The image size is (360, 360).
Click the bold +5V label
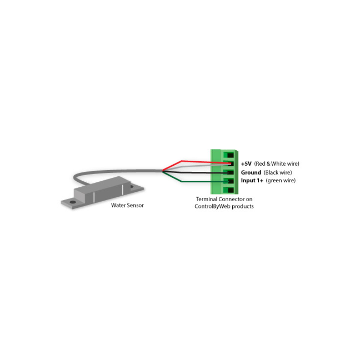pyautogui.click(x=246, y=164)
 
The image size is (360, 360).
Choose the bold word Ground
pyautogui.click(x=251, y=173)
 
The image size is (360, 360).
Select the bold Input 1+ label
pyautogui.click(x=252, y=181)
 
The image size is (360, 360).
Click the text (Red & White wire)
pyautogui.click(x=277, y=164)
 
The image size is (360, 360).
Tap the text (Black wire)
pyautogui.click(x=278, y=173)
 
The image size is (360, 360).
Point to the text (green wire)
pyautogui.click(x=281, y=181)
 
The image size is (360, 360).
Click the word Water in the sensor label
pyautogui.click(x=118, y=205)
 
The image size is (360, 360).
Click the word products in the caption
pyautogui.click(x=243, y=207)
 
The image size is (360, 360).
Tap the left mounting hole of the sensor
pyautogui.click(x=71, y=203)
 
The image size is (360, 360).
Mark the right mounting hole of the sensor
pyautogui.click(x=131, y=186)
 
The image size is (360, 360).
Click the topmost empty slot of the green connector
pyautogui.click(x=231, y=155)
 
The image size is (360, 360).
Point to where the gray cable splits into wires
pyautogui.click(x=163, y=171)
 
